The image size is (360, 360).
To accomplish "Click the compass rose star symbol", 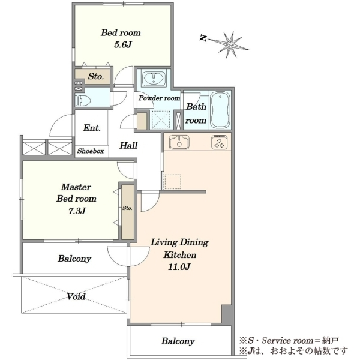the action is click(229, 44).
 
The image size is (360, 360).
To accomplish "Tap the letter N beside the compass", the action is click(203, 38).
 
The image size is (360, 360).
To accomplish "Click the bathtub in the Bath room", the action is click(220, 110).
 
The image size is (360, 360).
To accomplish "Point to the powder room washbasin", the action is click(153, 79).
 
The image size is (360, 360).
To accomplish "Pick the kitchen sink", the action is click(179, 142).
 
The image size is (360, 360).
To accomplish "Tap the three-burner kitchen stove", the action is click(220, 142).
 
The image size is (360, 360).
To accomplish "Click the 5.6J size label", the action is click(122, 45).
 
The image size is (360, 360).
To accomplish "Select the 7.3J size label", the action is click(77, 211).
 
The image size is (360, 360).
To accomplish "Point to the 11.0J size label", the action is click(179, 267).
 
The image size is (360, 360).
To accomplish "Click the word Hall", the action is click(128, 145).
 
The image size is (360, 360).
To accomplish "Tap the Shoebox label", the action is click(91, 151).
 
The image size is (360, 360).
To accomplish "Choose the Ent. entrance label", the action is click(92, 128).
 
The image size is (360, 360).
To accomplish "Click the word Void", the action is click(76, 296).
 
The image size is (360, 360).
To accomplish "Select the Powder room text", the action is click(159, 98).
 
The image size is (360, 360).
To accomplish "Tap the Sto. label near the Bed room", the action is click(96, 76).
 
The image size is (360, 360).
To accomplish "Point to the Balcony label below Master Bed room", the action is click(74, 259).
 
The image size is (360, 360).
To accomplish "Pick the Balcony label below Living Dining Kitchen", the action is click(178, 341).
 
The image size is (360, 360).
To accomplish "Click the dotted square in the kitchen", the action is click(173, 182).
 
